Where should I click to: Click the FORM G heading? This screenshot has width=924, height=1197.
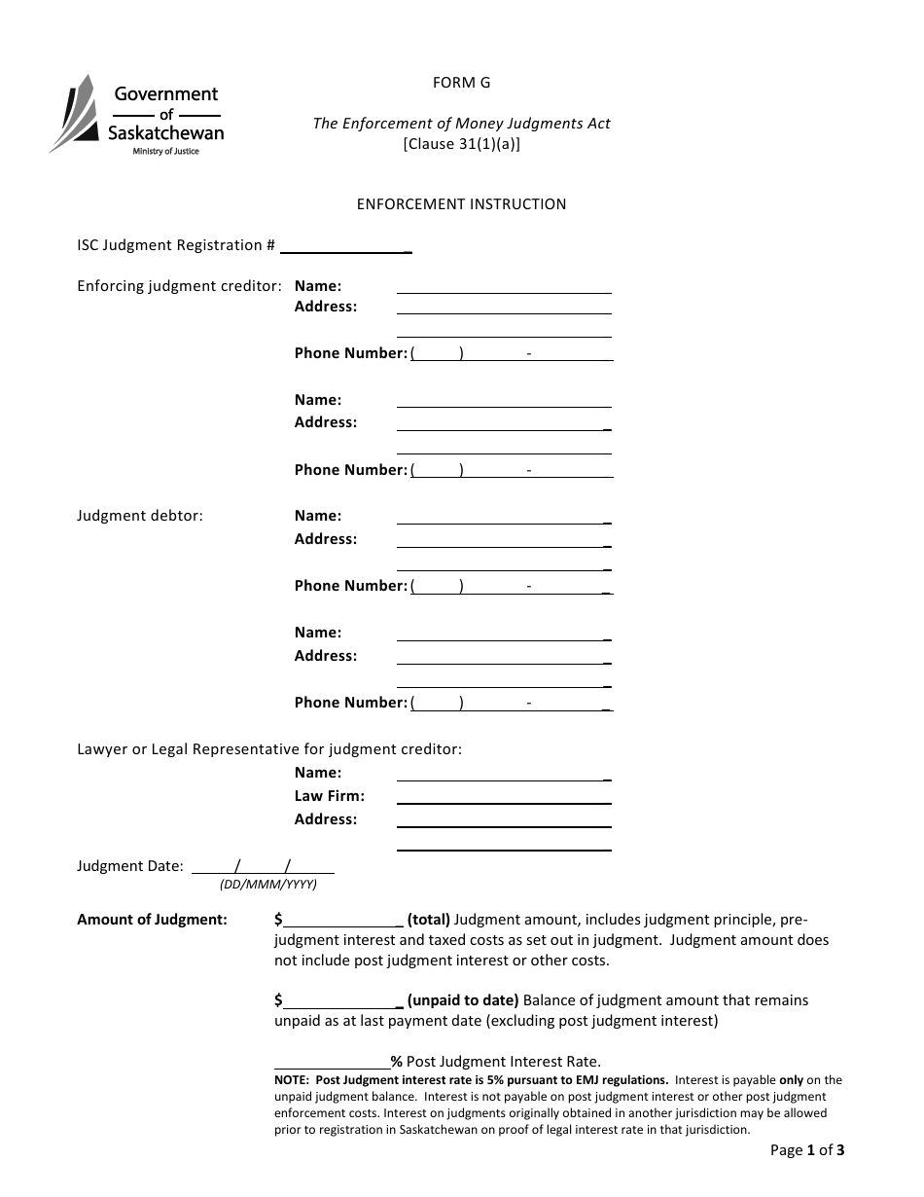click(461, 83)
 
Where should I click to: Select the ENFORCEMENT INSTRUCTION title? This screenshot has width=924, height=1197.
click(461, 204)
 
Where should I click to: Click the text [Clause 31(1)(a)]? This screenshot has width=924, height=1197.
click(461, 144)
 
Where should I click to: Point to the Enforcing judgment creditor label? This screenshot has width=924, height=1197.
click(179, 286)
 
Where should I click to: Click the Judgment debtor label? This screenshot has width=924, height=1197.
click(140, 516)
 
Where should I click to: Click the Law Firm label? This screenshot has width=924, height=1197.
click(329, 796)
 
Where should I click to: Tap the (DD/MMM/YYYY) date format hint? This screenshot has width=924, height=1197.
click(268, 885)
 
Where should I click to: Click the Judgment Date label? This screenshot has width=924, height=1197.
click(129, 866)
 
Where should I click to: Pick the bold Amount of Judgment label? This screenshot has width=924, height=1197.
click(152, 920)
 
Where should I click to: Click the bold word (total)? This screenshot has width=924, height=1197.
click(428, 920)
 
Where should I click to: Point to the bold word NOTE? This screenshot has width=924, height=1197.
click(293, 1080)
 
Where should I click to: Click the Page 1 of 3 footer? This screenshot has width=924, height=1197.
click(806, 1150)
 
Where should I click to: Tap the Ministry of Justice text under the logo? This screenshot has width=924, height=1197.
click(165, 152)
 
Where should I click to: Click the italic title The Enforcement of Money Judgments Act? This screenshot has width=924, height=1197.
click(461, 124)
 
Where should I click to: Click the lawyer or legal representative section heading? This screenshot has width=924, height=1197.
click(269, 749)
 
